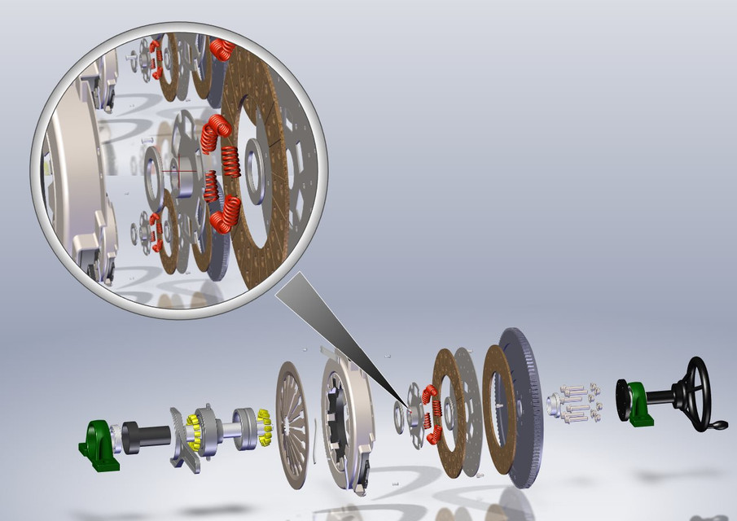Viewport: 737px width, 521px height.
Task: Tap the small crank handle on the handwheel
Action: click(x=718, y=425)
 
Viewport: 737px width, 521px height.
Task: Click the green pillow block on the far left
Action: click(x=100, y=444)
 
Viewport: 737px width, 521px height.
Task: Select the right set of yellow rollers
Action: click(x=263, y=427)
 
